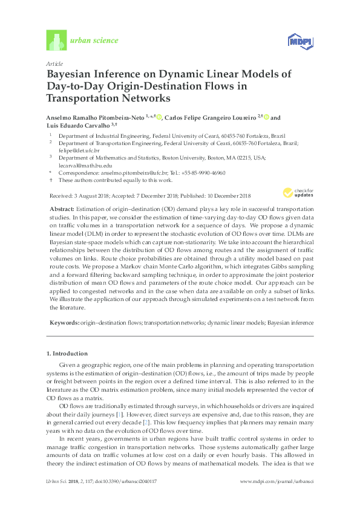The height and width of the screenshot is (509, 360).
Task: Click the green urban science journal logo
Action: click(56, 40)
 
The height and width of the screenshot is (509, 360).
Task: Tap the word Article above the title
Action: click(53, 63)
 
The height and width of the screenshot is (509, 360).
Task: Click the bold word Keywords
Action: click(64, 324)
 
